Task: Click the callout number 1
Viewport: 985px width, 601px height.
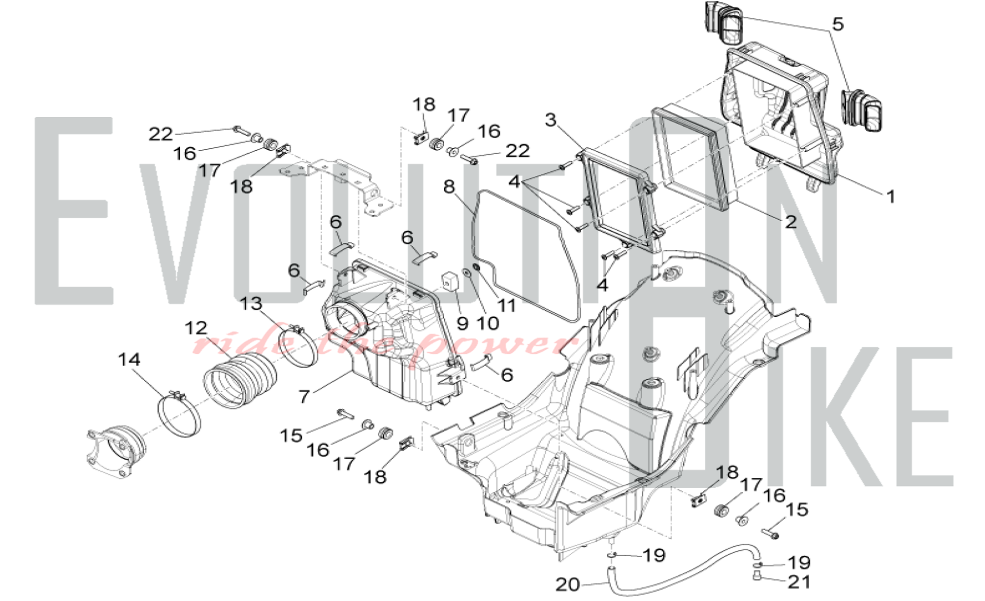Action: pos(890,197)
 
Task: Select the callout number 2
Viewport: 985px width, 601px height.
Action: pos(790,222)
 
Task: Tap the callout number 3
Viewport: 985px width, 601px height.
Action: pos(551,120)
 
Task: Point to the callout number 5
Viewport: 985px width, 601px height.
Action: pos(837,24)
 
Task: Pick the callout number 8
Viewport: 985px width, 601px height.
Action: pos(449,187)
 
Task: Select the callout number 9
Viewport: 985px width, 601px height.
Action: pos(462,323)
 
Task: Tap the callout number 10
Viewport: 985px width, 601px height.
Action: pos(488,323)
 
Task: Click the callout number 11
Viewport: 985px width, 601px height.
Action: pos(506,306)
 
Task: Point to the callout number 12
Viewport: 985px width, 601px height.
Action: pos(196,328)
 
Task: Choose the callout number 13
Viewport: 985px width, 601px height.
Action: pos(251,303)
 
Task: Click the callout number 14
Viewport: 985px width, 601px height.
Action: pos(129,360)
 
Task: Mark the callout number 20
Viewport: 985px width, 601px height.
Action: pos(567,584)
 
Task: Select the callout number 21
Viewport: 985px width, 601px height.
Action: pos(799,582)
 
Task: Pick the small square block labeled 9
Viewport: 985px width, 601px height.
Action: pos(449,281)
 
